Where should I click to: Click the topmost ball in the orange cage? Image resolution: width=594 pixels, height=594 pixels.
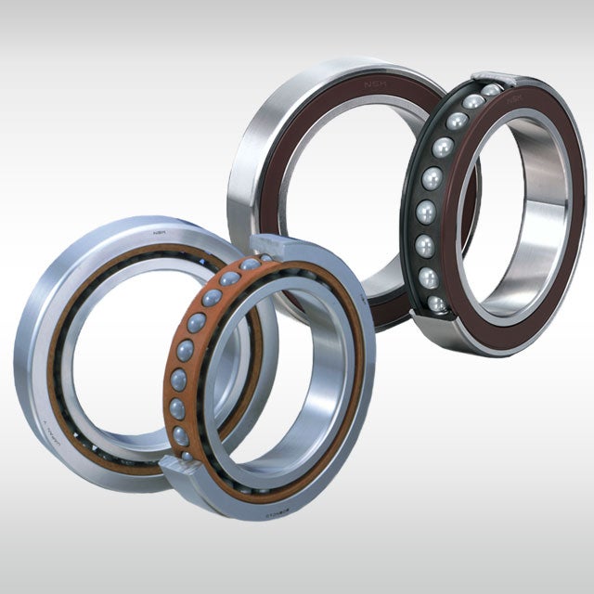pos(251,265)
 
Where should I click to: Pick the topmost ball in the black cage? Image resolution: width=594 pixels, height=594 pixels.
pos(491,90)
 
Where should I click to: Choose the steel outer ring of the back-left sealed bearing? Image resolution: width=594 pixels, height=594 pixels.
pos(243,186)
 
